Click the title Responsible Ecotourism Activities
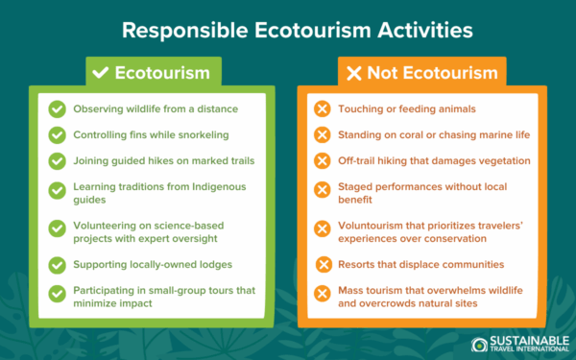[x=288, y=29]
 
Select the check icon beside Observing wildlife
[x=57, y=108]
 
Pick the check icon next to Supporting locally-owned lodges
[x=57, y=263]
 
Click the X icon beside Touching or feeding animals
[x=323, y=108]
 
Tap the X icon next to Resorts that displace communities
[x=323, y=263]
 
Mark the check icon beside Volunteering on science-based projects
[x=57, y=228]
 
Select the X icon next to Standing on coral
[x=323, y=133]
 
